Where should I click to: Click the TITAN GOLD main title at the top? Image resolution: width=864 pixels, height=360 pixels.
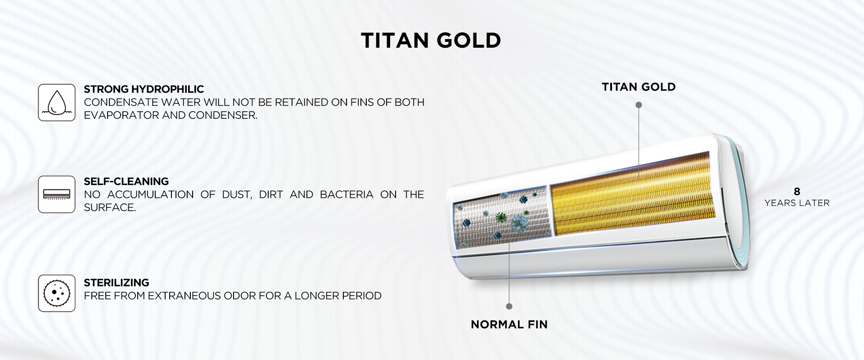coord(431,40)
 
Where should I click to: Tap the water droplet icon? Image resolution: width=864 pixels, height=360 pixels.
coord(57,103)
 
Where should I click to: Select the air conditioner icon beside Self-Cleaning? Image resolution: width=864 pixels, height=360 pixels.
coord(57,194)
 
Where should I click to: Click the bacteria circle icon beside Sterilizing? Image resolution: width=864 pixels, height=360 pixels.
coord(57,293)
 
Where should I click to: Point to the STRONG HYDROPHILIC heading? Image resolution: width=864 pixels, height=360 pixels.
coord(144,89)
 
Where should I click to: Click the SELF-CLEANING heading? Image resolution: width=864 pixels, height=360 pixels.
coord(126,181)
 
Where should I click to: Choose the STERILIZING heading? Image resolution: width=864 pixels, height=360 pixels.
coord(116,283)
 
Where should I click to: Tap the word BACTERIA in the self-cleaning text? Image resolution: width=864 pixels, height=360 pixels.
coord(346,194)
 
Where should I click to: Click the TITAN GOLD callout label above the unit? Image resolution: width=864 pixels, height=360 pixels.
coord(639,87)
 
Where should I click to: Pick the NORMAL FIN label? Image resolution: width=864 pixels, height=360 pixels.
coord(509,324)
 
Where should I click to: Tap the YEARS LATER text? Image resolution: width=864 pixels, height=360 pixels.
coord(797,203)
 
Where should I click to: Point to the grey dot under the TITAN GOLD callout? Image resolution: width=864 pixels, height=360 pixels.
coord(639,105)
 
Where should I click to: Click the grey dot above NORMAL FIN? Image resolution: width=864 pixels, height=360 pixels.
coord(509,306)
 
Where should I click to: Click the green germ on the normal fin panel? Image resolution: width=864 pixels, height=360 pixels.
coord(499,219)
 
